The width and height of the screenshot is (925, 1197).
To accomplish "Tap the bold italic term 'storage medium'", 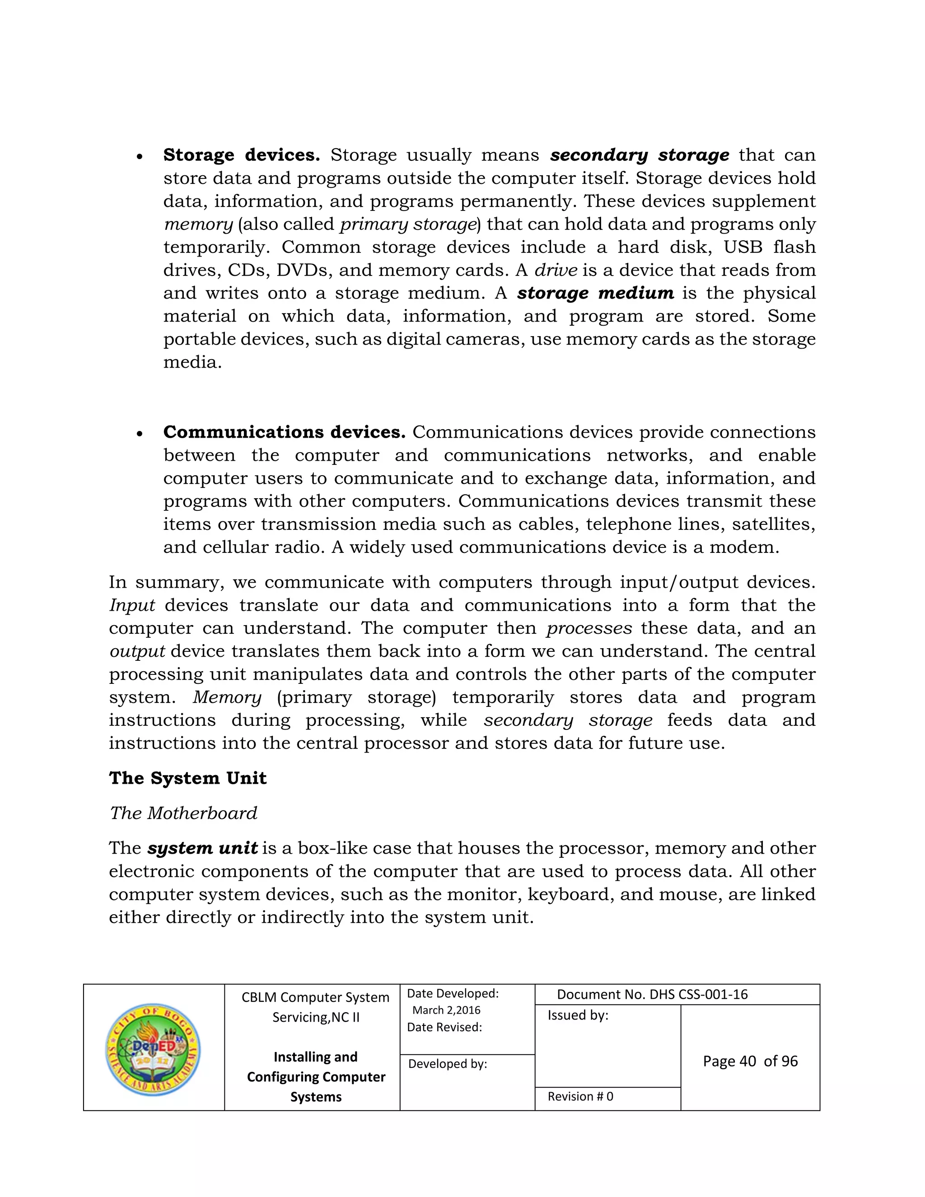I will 595,293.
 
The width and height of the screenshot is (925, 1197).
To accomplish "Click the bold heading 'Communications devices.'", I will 284,432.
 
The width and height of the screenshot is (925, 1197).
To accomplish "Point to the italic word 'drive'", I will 556,270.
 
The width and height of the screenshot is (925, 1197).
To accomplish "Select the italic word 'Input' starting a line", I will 132,606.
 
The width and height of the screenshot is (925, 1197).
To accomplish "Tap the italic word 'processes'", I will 589,629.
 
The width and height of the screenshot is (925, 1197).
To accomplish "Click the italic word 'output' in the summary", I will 137,652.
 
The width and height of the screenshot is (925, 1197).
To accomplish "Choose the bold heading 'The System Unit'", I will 187,778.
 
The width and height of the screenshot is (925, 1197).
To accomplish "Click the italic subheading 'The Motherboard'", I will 183,814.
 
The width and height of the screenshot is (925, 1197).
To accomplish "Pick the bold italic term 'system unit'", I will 202,848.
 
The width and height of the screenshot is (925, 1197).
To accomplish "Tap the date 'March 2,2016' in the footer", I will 446,1010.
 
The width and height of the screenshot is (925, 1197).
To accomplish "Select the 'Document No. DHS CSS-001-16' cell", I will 652,994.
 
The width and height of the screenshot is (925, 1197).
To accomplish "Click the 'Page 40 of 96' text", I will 750,1061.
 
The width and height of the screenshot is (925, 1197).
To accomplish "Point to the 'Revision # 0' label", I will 580,1096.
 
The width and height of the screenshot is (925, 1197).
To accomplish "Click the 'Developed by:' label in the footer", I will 447,1064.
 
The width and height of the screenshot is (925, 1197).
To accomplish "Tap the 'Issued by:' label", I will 578,1015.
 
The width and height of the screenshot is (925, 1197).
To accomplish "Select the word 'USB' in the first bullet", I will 743,247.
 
